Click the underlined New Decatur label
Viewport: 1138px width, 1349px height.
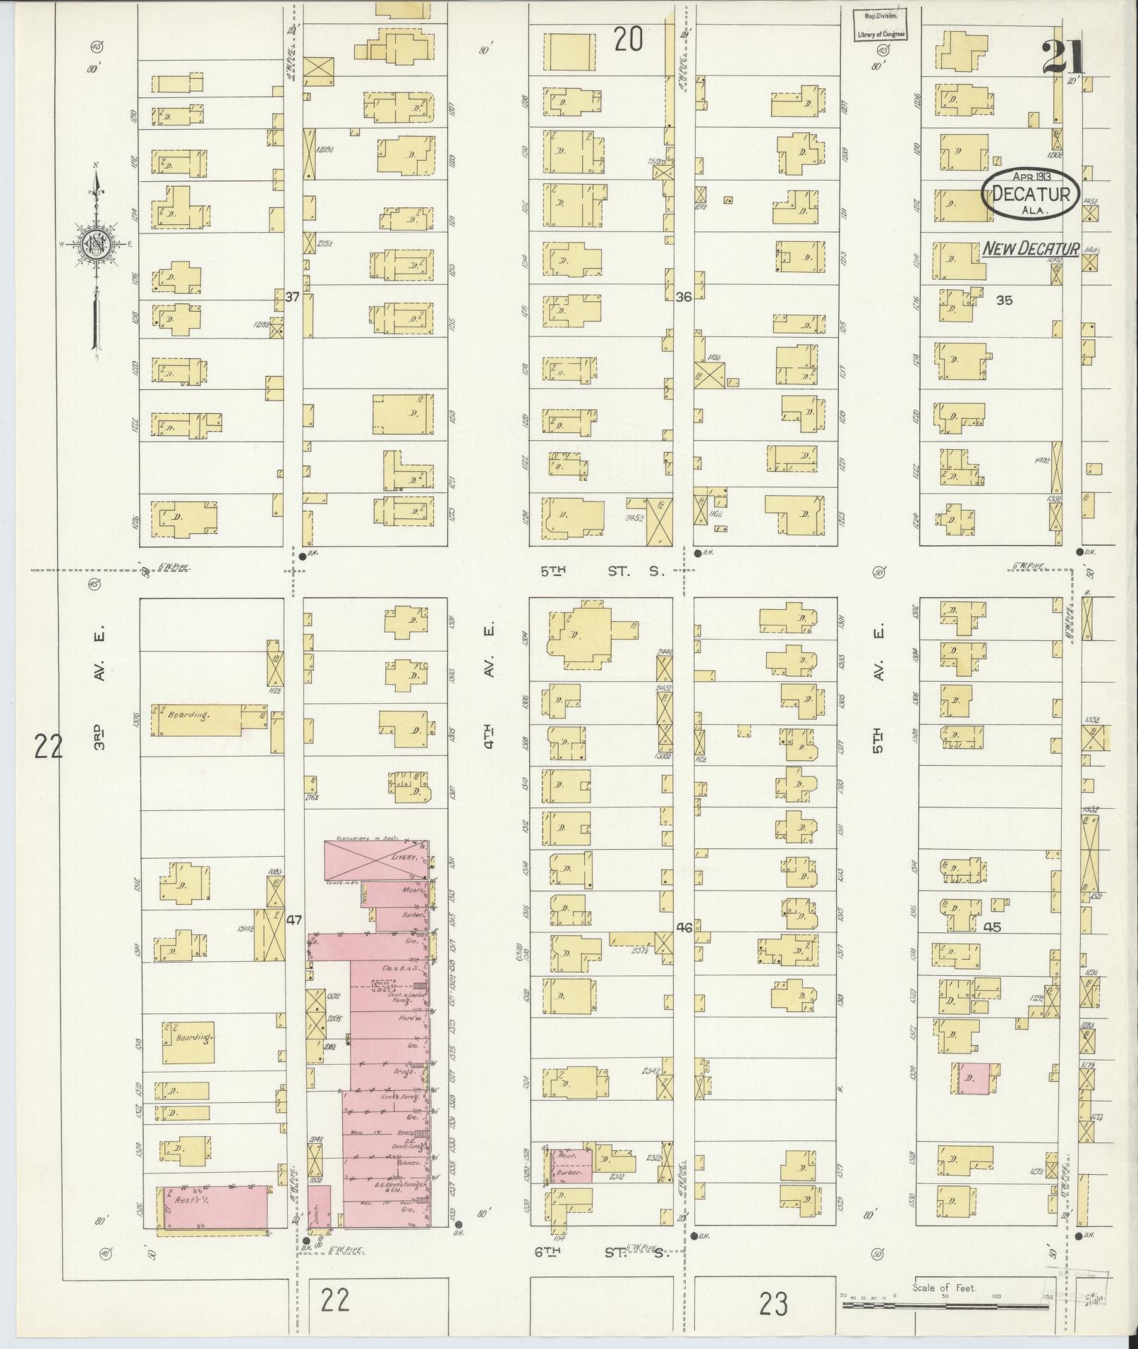tap(1031, 248)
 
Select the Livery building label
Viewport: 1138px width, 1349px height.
tap(405, 859)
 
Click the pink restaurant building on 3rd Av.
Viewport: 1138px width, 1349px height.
tap(214, 1209)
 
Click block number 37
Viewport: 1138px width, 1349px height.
tap(293, 298)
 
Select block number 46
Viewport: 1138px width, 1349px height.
tap(684, 928)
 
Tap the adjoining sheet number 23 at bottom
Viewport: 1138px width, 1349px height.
tap(773, 1303)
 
